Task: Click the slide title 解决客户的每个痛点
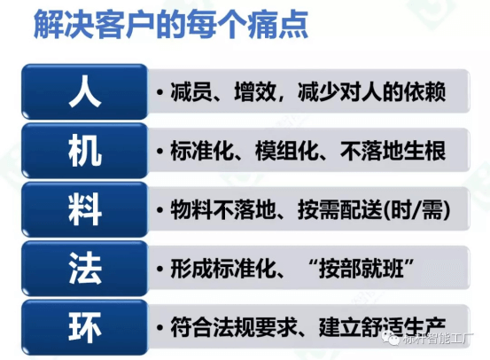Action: click(168, 27)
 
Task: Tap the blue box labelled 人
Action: click(84, 92)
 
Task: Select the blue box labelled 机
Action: click(84, 152)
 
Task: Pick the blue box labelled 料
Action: click(84, 210)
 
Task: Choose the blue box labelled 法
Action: click(84, 269)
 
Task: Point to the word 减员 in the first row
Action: click(189, 92)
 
